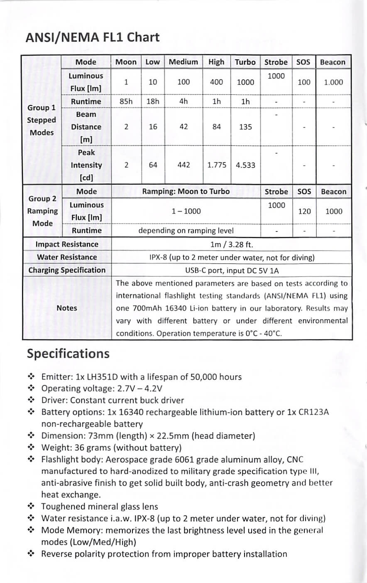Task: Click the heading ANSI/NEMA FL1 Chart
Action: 92,37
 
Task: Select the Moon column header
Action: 126,62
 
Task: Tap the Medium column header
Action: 183,62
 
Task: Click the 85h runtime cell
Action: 126,101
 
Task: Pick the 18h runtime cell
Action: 153,101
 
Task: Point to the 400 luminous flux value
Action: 216,82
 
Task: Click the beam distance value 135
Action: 245,127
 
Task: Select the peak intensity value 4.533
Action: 245,165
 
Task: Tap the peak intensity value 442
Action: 183,165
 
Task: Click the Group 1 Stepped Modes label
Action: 42,120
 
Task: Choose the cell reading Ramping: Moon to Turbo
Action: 186,192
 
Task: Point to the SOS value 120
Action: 304,211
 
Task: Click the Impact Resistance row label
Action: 67,244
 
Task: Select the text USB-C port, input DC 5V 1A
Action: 232,271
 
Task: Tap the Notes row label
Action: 67,308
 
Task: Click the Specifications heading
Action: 68,354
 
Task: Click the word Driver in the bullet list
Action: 54,400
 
